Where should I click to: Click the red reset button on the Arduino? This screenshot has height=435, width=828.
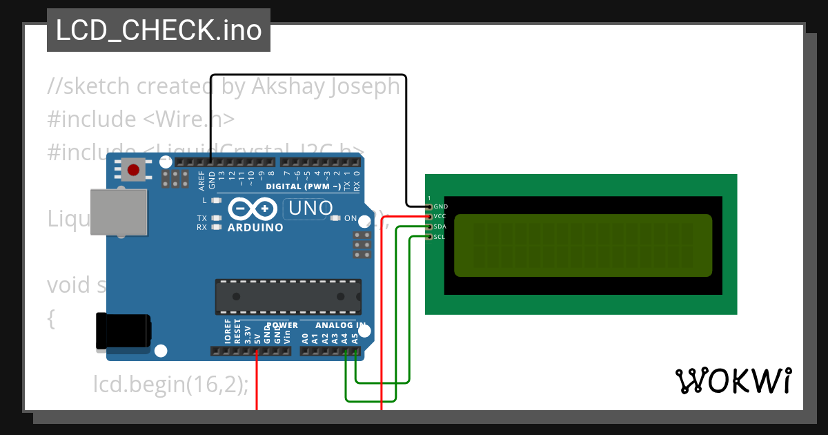133,169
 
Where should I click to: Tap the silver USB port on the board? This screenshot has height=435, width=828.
118,213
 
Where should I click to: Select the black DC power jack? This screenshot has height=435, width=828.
122,331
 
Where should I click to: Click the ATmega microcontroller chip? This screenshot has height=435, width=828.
288,296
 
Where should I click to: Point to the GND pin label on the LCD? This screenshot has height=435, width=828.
440,206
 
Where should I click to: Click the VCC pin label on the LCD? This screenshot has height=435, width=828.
440,217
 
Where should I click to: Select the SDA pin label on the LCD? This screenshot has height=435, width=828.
440,226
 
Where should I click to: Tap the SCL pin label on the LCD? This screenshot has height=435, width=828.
440,237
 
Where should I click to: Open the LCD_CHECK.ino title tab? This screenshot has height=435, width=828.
158,30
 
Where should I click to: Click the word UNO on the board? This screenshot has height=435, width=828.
310,208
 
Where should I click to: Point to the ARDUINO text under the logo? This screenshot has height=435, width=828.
255,227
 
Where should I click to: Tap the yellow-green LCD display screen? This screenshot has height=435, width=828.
582,245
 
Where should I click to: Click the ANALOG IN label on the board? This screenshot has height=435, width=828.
340,325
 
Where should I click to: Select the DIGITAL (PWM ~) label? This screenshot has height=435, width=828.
303,186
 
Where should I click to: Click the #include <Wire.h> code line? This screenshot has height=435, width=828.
141,119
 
